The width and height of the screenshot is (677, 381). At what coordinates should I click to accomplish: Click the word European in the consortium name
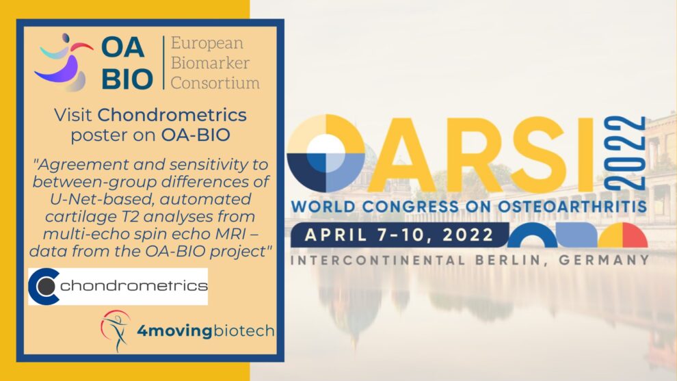[x=207, y=44]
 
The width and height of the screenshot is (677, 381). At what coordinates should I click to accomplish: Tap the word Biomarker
[x=210, y=63]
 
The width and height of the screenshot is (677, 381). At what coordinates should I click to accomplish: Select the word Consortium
[x=215, y=83]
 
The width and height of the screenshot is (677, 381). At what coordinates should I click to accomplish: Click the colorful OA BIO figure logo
[x=64, y=62]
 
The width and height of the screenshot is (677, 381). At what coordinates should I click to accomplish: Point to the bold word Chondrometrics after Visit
[x=172, y=115]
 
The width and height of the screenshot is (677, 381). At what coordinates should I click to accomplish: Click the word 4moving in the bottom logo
[x=174, y=331]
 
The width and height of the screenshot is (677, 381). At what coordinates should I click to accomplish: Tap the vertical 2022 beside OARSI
[x=624, y=153]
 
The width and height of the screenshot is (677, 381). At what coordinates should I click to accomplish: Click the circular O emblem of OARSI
[x=326, y=153]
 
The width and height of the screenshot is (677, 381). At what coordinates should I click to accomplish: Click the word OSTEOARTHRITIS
[x=572, y=206]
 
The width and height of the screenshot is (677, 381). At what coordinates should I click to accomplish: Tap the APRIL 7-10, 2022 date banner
[x=399, y=235]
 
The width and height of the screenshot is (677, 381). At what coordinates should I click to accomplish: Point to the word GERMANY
[x=604, y=260]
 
